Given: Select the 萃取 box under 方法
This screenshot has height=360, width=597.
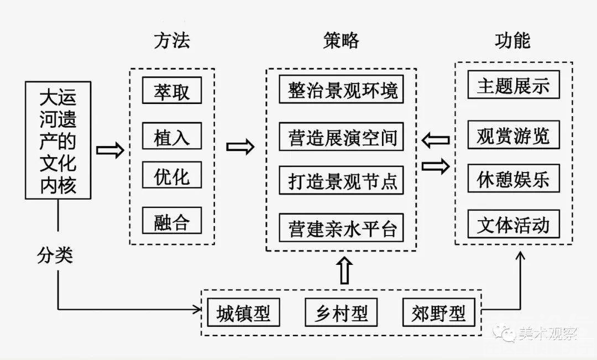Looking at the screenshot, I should point(171,91).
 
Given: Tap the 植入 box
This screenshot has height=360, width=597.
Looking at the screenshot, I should point(171,136).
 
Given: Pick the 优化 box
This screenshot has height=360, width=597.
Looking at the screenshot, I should point(171,175).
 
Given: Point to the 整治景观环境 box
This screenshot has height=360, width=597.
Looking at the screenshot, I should point(342,90).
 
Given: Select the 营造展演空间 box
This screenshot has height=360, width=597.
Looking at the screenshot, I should point(342,136).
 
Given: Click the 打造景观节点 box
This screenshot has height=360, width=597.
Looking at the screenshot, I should point(342,180).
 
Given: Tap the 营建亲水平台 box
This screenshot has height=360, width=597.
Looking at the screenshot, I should point(342,227).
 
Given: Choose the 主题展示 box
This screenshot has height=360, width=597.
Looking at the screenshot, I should point(514,85).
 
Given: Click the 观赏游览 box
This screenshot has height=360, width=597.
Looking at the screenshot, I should point(514,134).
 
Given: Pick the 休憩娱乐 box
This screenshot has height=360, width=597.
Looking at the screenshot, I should point(514,179).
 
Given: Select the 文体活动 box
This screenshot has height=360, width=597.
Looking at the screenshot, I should point(514,224).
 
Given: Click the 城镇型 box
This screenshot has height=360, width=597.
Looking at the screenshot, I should point(244,313).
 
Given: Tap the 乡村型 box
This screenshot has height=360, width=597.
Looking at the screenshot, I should point(341,313).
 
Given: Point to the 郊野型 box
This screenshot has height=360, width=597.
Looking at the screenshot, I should point(438,313).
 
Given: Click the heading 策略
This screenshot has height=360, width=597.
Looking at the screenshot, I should point(341,41).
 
